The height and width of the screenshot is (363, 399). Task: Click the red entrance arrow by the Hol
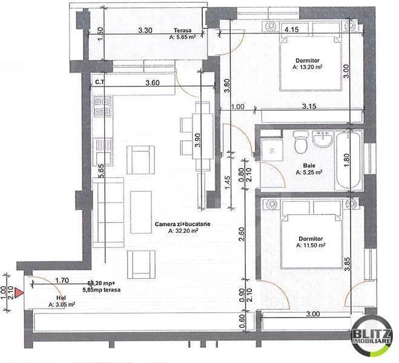pos(19,293)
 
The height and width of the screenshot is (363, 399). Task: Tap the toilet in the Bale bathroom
pos(300,144)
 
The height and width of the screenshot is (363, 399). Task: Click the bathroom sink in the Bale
pos(323,140)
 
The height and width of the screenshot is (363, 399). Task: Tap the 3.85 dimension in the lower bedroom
pos(347,263)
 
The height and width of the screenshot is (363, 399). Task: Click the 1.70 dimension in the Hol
pos(62,281)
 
